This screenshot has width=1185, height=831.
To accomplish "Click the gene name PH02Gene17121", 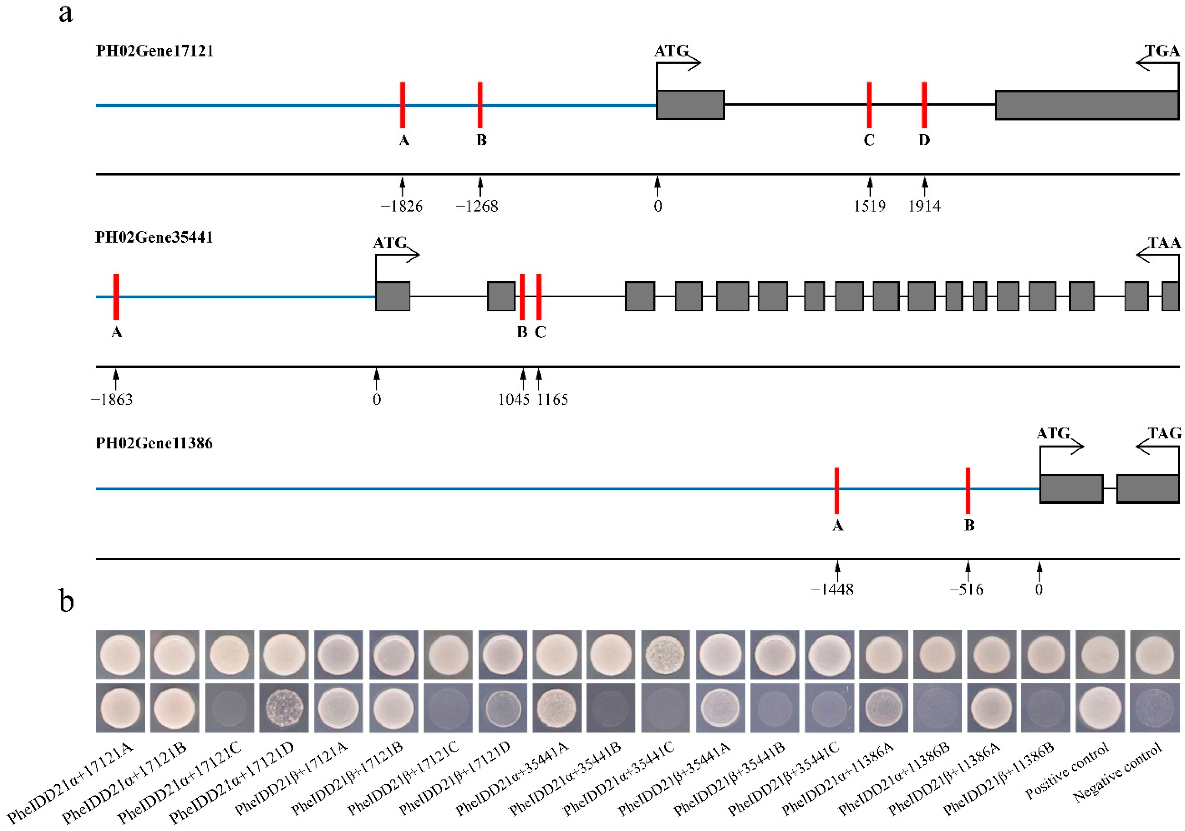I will click(154, 51).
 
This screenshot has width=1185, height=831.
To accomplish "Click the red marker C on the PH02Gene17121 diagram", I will click(869, 105).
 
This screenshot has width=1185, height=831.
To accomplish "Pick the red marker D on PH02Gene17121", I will click(924, 105).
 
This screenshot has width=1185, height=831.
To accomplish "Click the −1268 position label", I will click(477, 207).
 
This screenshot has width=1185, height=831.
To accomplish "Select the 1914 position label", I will click(924, 207).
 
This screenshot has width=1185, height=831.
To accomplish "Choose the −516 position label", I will click(967, 589).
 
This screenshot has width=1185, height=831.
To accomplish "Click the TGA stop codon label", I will click(1162, 51).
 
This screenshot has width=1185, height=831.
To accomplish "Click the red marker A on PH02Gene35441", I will click(116, 297).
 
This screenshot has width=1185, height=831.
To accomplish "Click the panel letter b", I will click(66, 601).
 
